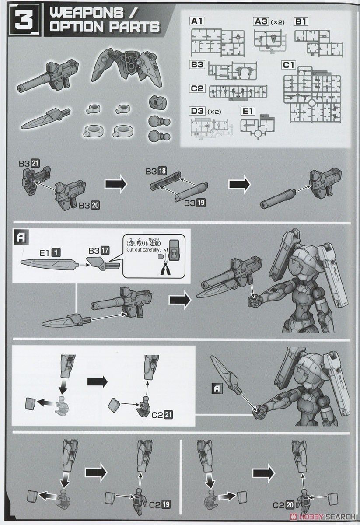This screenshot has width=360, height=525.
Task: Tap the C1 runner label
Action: click(x=290, y=65)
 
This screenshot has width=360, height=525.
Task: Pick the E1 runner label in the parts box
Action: click(x=248, y=112)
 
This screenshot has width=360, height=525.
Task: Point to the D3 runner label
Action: click(x=198, y=111)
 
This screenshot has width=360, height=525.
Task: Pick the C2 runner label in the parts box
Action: click(x=198, y=88)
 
